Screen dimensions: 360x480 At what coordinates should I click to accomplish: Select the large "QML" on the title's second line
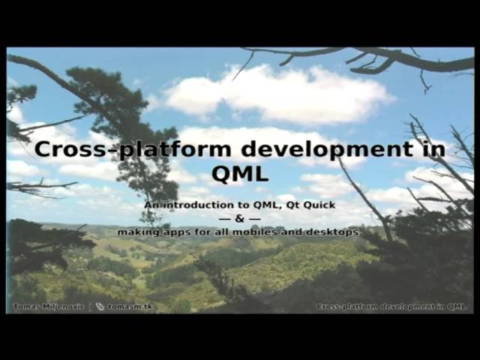click(x=239, y=174)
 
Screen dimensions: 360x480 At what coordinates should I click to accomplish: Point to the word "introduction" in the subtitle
click(x=189, y=205)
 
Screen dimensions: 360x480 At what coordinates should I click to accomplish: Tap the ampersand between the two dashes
click(x=239, y=218)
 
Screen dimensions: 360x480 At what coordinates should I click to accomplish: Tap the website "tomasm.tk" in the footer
click(x=131, y=307)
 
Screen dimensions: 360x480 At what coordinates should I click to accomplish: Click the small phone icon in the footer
click(x=100, y=307)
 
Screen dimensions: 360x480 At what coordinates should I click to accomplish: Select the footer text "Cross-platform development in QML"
click(x=391, y=307)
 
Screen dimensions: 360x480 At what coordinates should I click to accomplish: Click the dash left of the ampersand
click(x=224, y=218)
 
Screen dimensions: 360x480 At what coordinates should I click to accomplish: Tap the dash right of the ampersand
click(x=255, y=218)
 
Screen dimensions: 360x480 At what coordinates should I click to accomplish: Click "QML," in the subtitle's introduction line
click(x=260, y=205)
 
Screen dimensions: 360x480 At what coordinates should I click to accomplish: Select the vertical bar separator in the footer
click(x=90, y=307)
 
